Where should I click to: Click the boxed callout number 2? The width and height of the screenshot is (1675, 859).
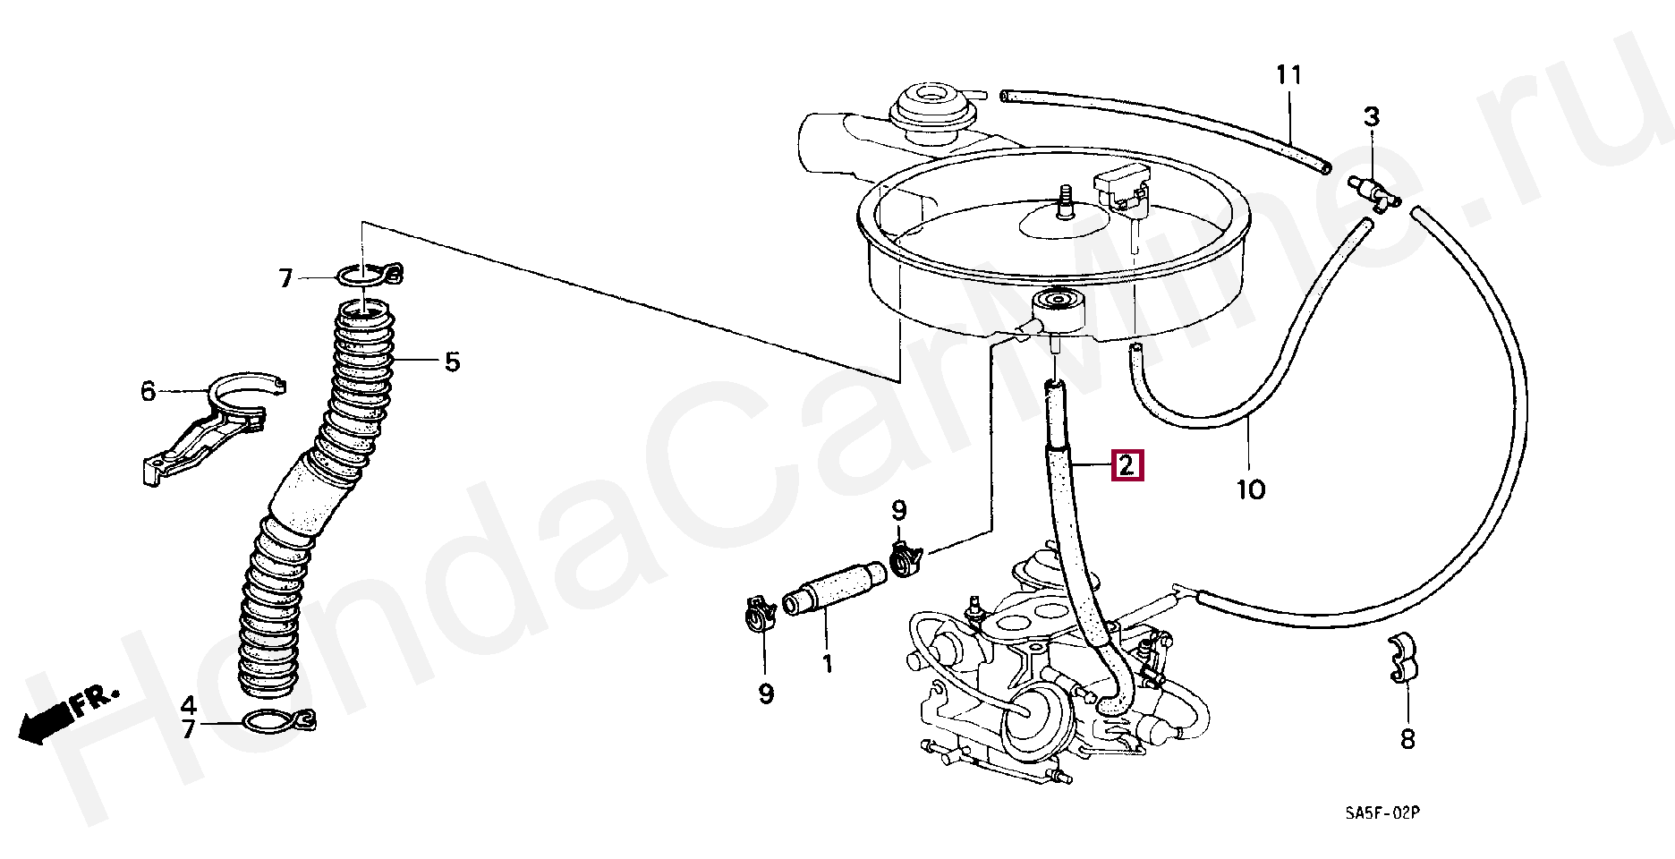[1127, 465]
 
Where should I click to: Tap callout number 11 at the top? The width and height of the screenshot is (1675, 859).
[1288, 75]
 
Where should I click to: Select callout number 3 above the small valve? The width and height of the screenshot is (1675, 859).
[1372, 116]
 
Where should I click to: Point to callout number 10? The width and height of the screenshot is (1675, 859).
[1251, 489]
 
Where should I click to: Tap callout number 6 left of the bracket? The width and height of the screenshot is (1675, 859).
[148, 391]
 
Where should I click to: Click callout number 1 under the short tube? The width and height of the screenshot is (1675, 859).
[827, 664]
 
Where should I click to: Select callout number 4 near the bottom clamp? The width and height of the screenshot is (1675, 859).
[188, 703]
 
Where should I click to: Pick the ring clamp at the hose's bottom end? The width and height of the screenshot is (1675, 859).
[277, 719]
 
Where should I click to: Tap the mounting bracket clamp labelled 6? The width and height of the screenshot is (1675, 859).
[213, 428]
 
